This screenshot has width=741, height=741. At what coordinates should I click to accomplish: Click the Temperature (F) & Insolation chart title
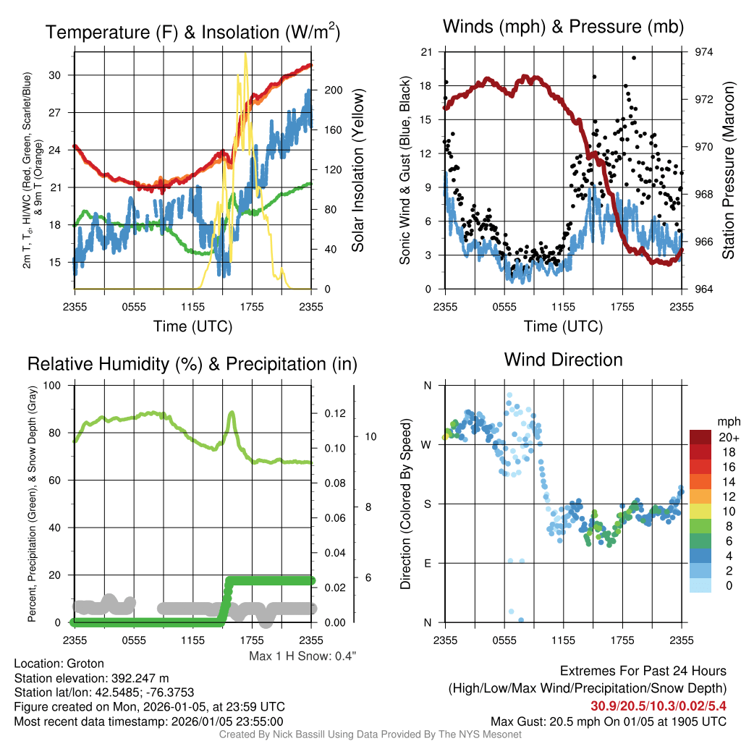(192, 32)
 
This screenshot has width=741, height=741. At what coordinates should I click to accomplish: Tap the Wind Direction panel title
(563, 360)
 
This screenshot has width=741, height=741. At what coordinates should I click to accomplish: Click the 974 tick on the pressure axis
(703, 52)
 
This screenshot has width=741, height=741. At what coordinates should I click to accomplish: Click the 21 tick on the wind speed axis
(427, 52)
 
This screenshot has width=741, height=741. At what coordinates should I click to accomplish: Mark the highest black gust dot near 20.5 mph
(634, 58)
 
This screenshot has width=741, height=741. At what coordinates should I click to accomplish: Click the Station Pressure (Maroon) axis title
(728, 170)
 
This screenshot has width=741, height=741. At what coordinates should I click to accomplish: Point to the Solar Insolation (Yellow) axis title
(357, 170)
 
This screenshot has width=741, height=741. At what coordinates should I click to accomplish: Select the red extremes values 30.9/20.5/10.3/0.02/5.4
(659, 706)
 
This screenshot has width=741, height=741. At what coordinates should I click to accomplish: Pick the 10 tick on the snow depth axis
(368, 436)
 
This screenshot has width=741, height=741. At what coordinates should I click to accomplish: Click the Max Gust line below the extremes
(609, 721)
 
